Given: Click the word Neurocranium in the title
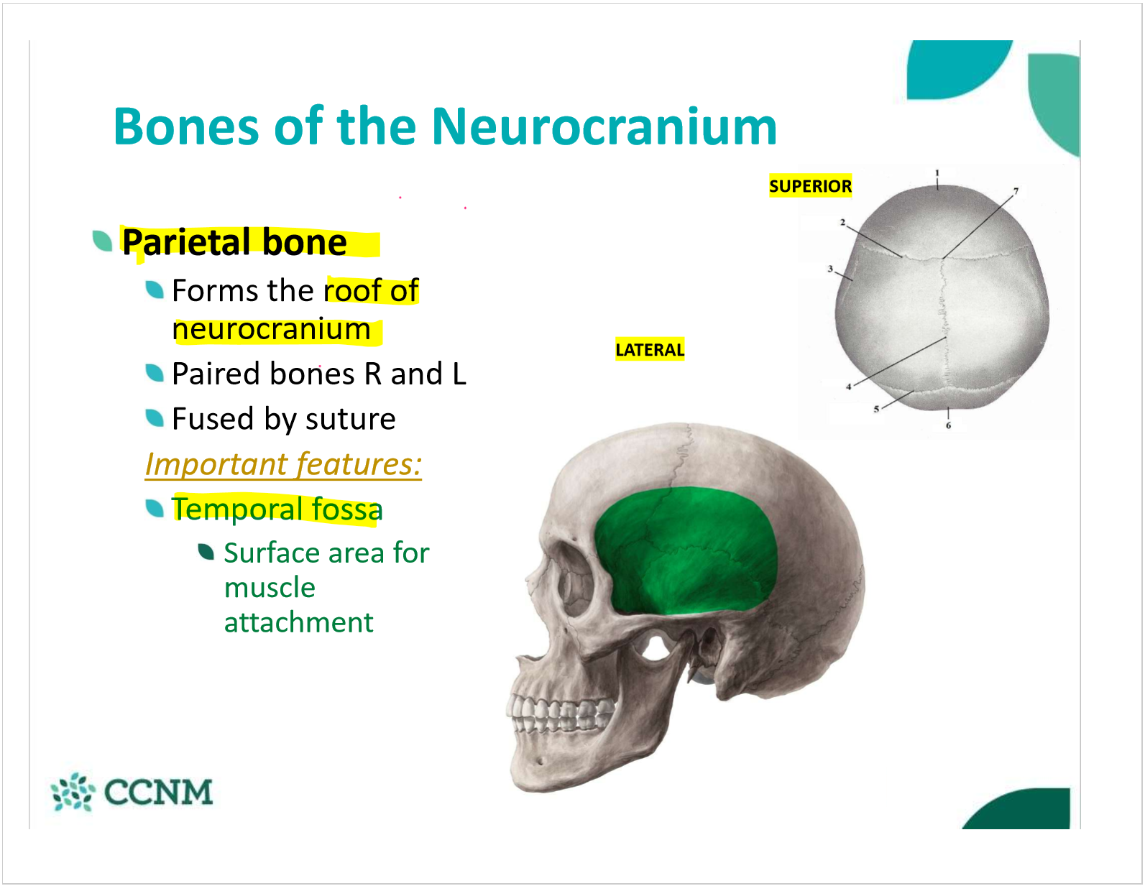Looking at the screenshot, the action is (604, 126).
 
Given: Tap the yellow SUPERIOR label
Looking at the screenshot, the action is (810, 186).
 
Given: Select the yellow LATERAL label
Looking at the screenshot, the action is (650, 349).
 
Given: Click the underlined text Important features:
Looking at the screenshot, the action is (283, 464).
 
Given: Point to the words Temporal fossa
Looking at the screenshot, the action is (277, 509).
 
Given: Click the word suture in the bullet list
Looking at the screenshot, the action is (351, 420).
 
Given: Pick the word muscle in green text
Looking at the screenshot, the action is (270, 588).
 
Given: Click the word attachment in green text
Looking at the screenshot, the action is (299, 622).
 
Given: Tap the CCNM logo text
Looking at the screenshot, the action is (158, 792).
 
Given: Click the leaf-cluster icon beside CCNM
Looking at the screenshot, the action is (73, 792).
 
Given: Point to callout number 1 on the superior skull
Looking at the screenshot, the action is (937, 172).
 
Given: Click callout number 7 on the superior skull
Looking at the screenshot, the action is (1016, 191).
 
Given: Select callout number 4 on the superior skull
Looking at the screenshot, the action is (848, 387).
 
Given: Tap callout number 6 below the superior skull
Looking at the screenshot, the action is (948, 425).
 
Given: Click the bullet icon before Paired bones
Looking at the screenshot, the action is (155, 373).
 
